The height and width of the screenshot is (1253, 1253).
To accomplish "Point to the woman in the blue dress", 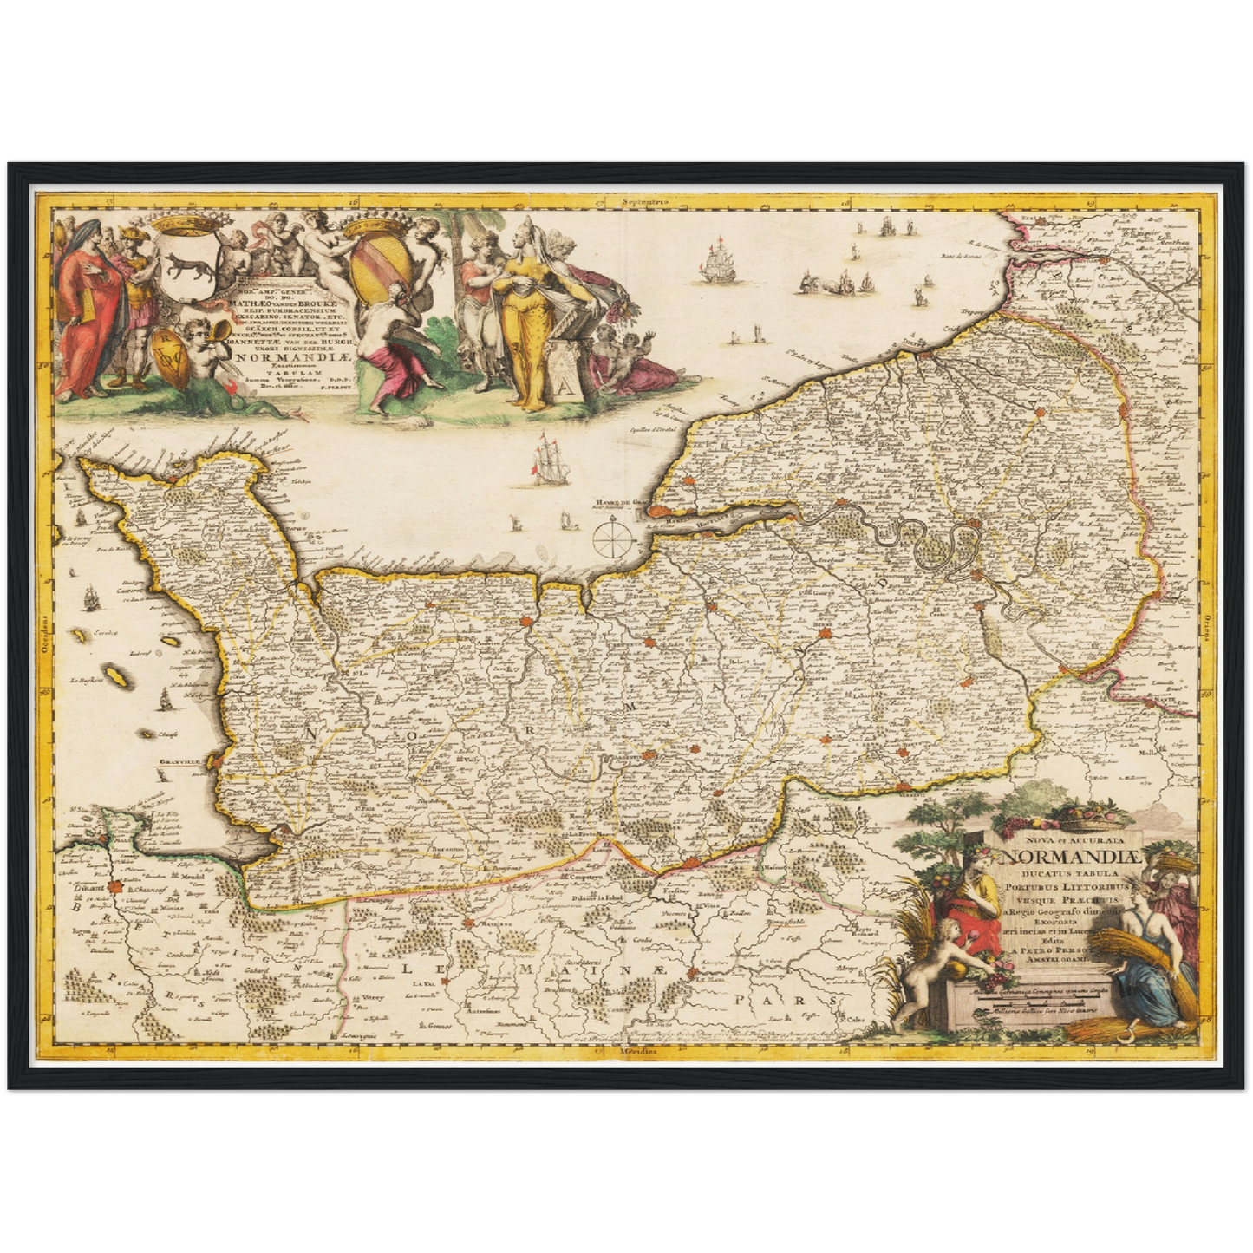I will (1149, 963).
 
